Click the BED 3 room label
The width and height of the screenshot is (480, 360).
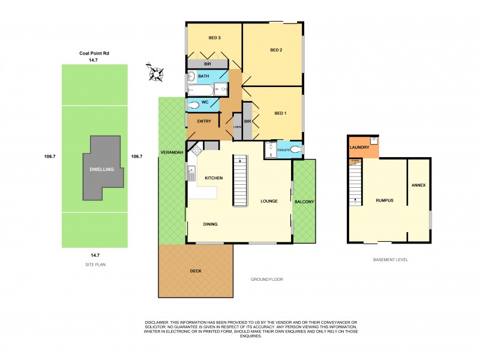215,38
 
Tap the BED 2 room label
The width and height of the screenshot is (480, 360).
275,50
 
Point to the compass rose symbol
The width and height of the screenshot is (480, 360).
157,73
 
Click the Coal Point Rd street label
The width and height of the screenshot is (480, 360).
94,53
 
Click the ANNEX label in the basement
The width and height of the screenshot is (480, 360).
418,185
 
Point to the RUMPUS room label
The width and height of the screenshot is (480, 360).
384,200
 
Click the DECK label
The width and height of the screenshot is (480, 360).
196,271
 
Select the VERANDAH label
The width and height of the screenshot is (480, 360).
172,153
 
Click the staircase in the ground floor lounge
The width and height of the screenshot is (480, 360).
241,180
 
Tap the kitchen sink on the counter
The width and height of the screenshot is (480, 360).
191,174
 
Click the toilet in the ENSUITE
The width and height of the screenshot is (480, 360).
295,150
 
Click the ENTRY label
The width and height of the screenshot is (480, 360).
204,122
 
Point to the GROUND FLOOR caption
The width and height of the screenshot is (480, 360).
266,280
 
